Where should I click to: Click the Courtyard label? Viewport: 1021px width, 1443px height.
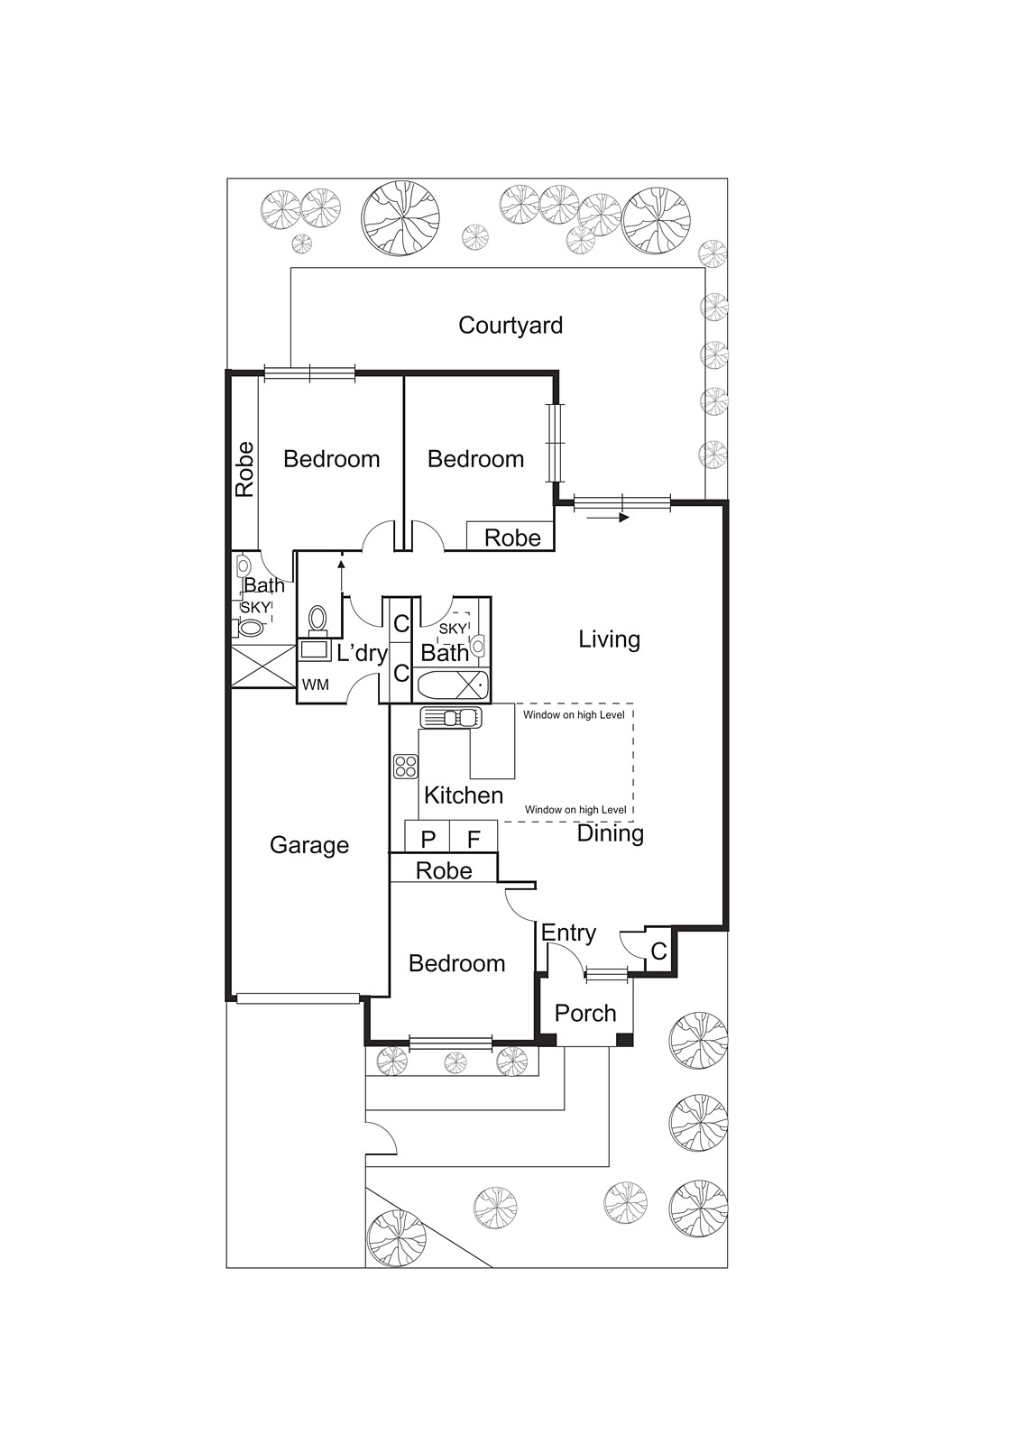pyautogui.click(x=510, y=326)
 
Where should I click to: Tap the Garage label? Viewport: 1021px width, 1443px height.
pyautogui.click(x=309, y=845)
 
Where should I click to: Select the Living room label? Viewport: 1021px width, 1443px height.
pyautogui.click(x=609, y=639)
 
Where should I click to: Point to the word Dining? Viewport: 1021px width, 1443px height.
pyautogui.click(x=610, y=833)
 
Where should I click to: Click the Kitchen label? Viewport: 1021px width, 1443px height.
pyautogui.click(x=464, y=795)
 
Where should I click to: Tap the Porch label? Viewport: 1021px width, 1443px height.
pyautogui.click(x=585, y=1013)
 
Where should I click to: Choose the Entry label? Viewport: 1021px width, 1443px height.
pyautogui.click(x=568, y=933)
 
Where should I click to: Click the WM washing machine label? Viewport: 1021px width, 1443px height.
pyautogui.click(x=315, y=685)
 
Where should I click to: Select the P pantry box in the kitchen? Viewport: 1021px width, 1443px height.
pyautogui.click(x=428, y=839)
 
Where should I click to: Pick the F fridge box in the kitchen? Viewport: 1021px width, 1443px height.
pyautogui.click(x=474, y=839)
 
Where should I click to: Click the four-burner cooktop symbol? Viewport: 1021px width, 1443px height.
pyautogui.click(x=405, y=767)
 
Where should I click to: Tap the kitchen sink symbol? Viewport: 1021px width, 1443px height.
pyautogui.click(x=450, y=718)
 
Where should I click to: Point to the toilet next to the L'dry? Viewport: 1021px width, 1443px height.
pyautogui.click(x=317, y=619)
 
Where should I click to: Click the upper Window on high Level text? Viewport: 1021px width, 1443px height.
pyautogui.click(x=574, y=715)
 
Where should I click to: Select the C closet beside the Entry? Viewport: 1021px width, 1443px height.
pyautogui.click(x=658, y=951)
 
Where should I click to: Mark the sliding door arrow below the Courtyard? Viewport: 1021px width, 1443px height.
pyautogui.click(x=620, y=518)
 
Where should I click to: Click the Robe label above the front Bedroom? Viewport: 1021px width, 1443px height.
pyautogui.click(x=444, y=870)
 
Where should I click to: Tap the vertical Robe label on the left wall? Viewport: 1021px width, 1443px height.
pyautogui.click(x=244, y=469)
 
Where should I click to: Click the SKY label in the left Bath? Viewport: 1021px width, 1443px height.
pyautogui.click(x=254, y=607)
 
